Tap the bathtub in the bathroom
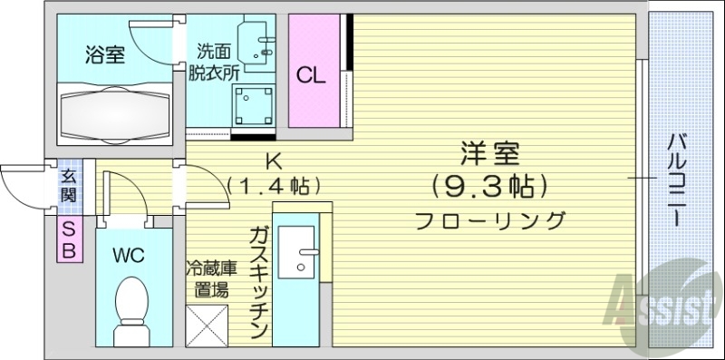tap(116, 114)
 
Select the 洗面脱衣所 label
tap(210, 63)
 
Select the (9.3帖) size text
tap(489, 187)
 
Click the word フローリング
tap(489, 220)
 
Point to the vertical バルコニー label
tap(675, 177)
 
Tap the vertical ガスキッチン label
tap(257, 280)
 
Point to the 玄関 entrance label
tap(68, 187)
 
